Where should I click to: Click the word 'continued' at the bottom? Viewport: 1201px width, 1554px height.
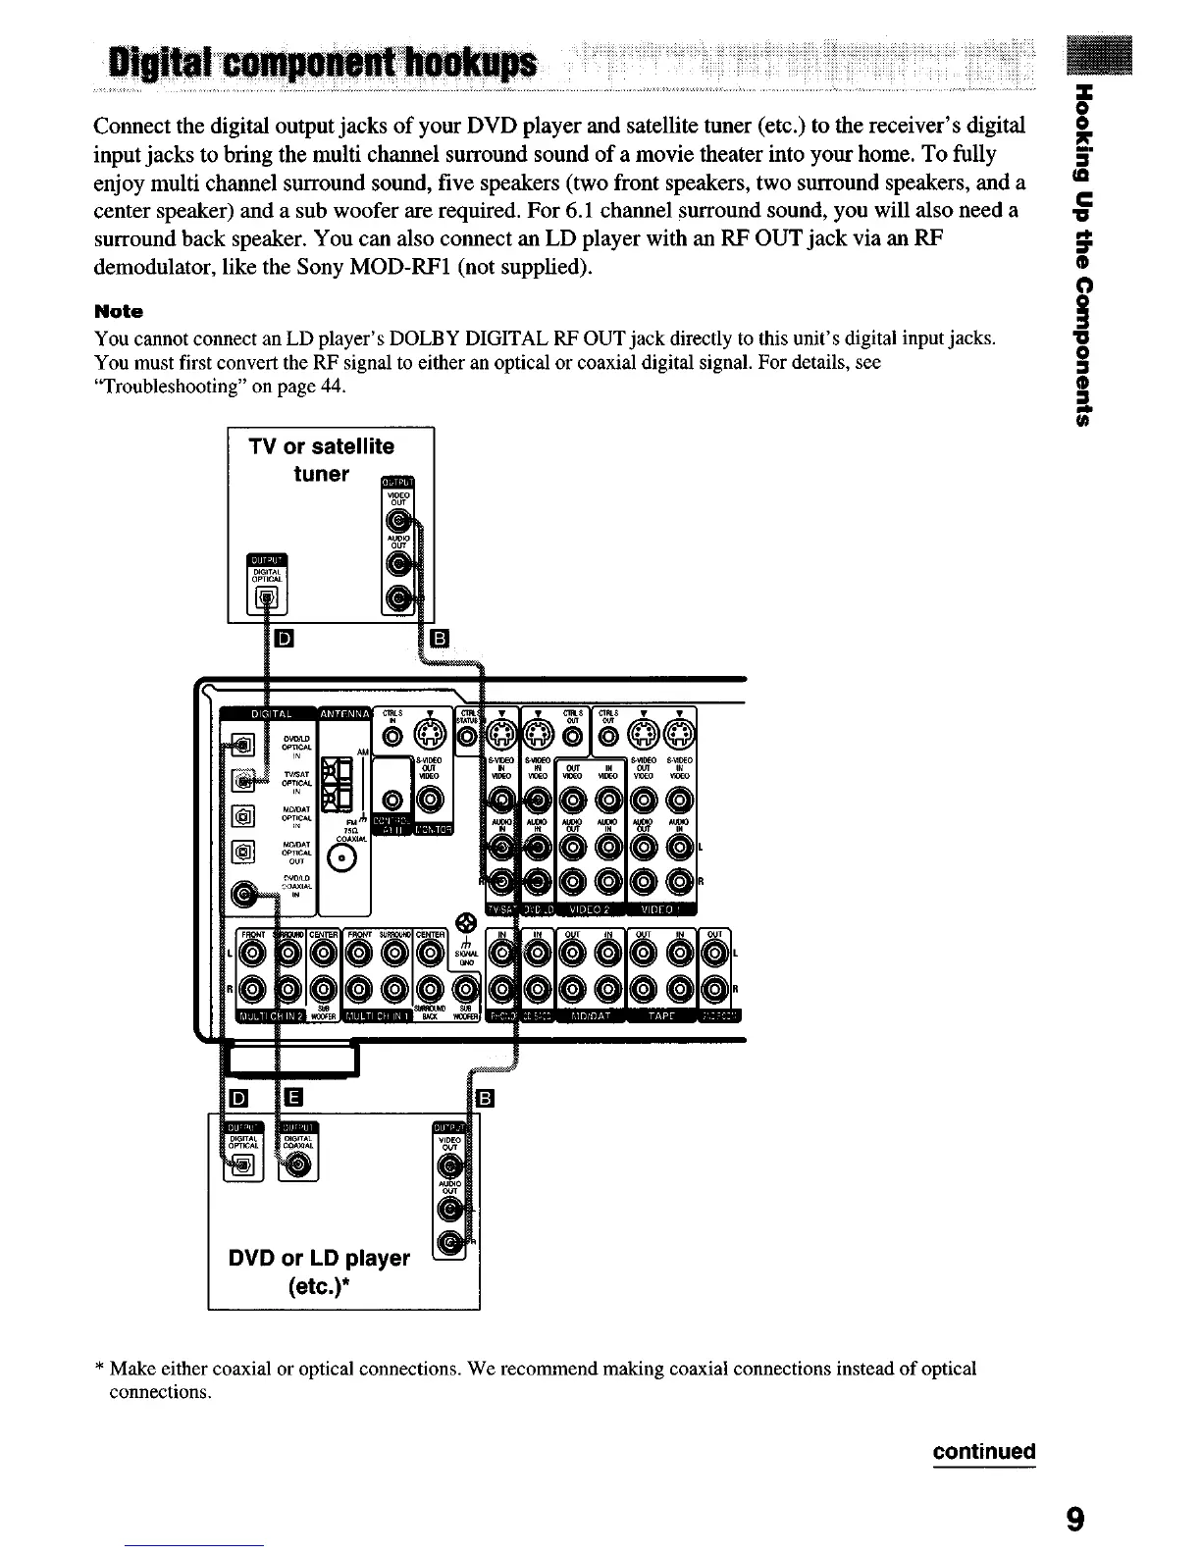pos(983,1451)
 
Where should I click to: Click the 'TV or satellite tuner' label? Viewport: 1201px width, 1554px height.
pos(322,460)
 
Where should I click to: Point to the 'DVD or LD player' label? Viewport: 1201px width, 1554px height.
pos(319,1258)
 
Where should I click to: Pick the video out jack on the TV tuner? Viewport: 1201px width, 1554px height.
pos(399,525)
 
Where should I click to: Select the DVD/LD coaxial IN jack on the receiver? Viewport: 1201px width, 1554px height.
pos(242,894)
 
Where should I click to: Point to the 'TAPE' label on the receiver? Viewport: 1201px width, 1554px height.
pos(661,1015)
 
